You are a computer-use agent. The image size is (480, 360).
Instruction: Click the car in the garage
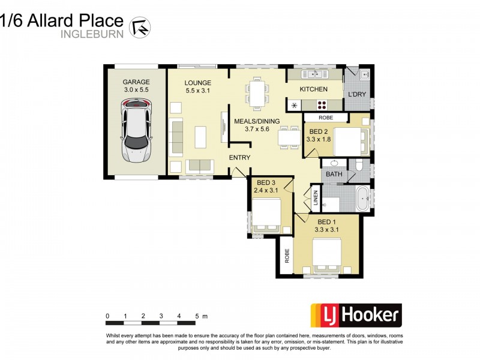click(136, 131)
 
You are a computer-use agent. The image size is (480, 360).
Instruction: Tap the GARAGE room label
click(136, 82)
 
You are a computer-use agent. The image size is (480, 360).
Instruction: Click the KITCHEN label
click(314, 89)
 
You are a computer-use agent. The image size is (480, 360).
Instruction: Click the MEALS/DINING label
click(256, 121)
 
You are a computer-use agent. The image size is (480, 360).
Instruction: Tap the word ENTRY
click(239, 157)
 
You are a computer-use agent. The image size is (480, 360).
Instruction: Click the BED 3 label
click(266, 182)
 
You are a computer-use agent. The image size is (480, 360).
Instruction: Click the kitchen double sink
click(314, 74)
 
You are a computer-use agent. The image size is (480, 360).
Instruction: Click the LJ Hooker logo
click(355, 315)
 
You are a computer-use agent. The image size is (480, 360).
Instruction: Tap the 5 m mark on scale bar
click(197, 316)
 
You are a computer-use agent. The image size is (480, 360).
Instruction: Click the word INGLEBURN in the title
click(92, 34)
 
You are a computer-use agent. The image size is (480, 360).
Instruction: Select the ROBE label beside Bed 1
click(287, 256)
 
